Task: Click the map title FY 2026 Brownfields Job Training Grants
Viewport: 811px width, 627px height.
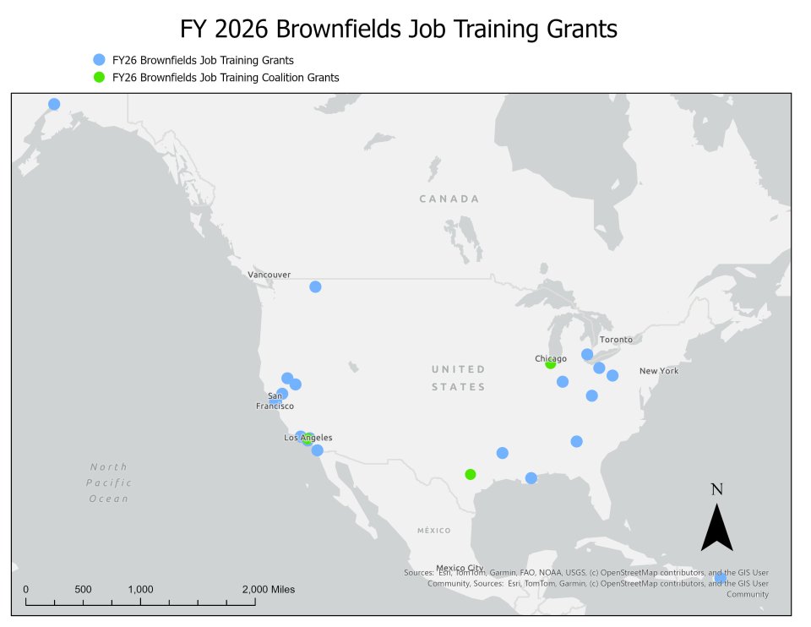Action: point(399,30)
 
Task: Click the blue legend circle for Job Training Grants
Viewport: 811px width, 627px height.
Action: point(99,60)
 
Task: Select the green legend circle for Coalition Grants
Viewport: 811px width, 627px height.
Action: point(99,77)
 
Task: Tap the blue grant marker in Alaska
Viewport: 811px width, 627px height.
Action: point(54,104)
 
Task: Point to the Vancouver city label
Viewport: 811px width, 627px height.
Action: point(269,275)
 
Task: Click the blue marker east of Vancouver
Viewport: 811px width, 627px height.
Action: point(315,286)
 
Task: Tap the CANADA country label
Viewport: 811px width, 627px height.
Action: point(449,199)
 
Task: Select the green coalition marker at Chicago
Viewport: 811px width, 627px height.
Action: point(551,363)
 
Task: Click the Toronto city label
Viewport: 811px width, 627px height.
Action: point(616,340)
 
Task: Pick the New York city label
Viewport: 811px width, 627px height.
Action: point(659,371)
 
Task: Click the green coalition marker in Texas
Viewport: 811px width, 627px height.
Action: point(471,474)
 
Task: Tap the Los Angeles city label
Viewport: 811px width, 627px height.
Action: point(308,438)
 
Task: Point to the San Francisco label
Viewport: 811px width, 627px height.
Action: point(275,401)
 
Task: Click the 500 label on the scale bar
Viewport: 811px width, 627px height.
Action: point(83,589)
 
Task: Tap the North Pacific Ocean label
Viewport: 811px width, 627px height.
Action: point(109,483)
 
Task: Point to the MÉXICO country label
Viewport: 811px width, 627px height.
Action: point(433,531)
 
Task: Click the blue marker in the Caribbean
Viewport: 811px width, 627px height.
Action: point(721,578)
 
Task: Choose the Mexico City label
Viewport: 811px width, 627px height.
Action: point(460,568)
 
